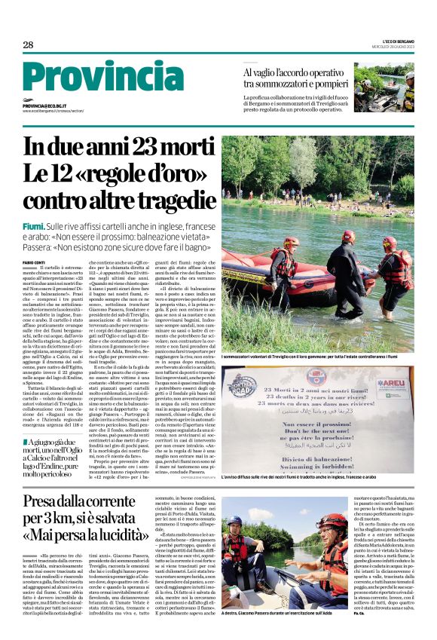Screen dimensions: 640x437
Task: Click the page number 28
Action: tap(28, 45)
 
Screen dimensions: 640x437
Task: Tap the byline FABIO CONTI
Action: tap(34, 262)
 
